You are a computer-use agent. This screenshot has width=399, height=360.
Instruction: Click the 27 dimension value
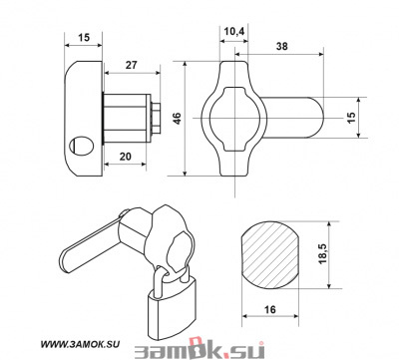tap(131, 65)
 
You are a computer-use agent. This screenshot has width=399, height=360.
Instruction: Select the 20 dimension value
tap(126, 157)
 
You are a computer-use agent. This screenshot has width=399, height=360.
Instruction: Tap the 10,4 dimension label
tap(234, 32)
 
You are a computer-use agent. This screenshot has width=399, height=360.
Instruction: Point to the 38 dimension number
tap(282, 46)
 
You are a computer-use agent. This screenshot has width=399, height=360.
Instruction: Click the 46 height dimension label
tap(178, 119)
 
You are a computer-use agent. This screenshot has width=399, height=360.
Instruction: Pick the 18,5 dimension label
tap(322, 253)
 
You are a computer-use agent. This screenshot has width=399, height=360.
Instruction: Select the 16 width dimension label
tap(270, 309)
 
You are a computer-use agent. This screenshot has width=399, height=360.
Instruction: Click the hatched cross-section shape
tap(269, 254)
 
